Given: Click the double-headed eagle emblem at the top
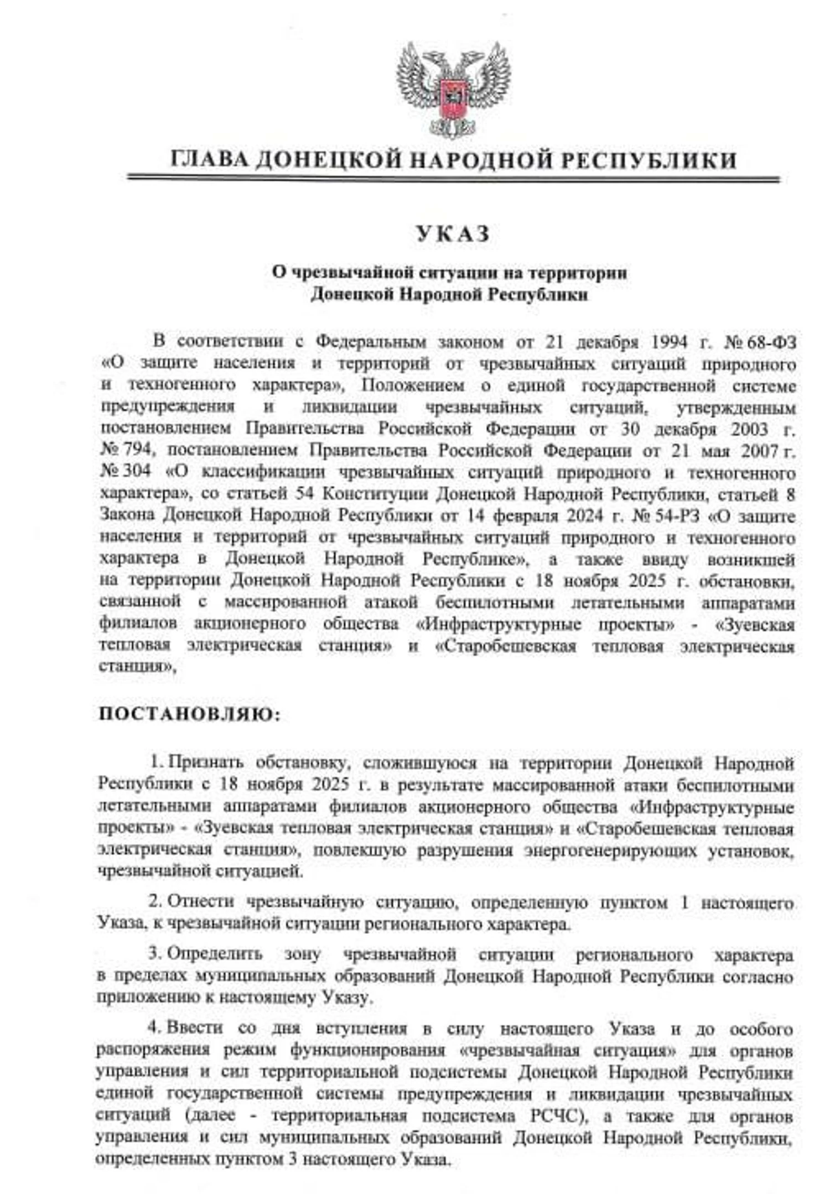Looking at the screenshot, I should (x=453, y=88).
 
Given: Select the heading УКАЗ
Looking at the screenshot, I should (x=453, y=234).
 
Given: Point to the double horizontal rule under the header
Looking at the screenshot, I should (x=453, y=179).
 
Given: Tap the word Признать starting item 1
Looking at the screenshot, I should (x=205, y=763).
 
